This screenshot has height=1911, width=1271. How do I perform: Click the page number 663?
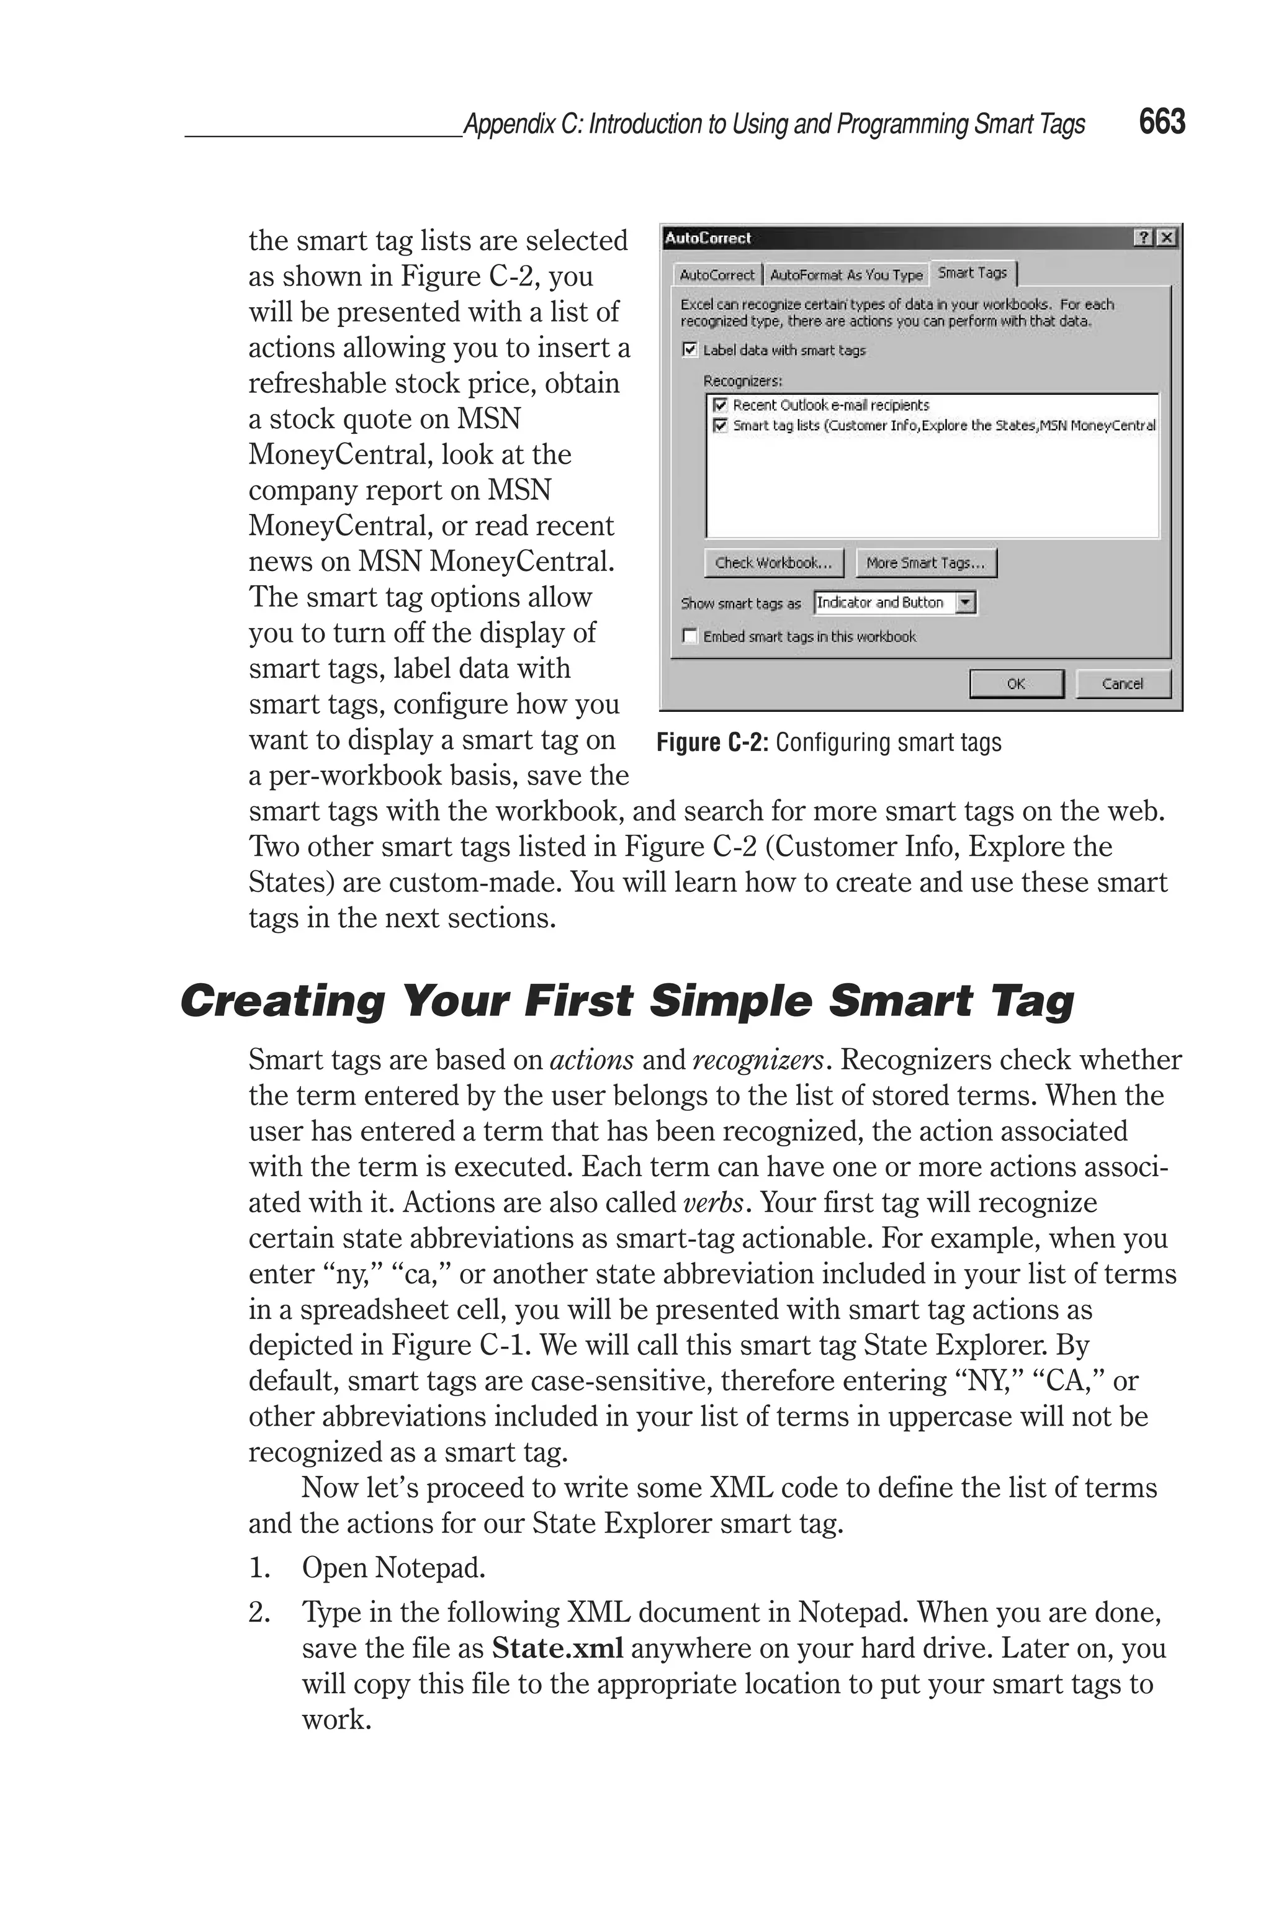pyautogui.click(x=1162, y=122)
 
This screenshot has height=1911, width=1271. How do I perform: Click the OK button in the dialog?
pyautogui.click(x=1016, y=683)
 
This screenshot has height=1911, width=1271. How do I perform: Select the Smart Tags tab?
pyautogui.click(x=972, y=273)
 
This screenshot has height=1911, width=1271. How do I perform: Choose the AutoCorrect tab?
pyautogui.click(x=717, y=275)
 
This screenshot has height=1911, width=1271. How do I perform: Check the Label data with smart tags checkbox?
pyautogui.click(x=690, y=349)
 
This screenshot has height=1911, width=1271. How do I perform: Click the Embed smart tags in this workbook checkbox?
pyautogui.click(x=690, y=636)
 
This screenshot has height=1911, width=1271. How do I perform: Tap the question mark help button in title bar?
pyautogui.click(x=1143, y=238)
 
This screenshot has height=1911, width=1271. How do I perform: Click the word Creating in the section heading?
pyautogui.click(x=282, y=1001)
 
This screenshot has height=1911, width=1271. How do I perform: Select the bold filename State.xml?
pyautogui.click(x=558, y=1648)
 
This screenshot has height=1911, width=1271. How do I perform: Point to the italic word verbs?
pyautogui.click(x=712, y=1203)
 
